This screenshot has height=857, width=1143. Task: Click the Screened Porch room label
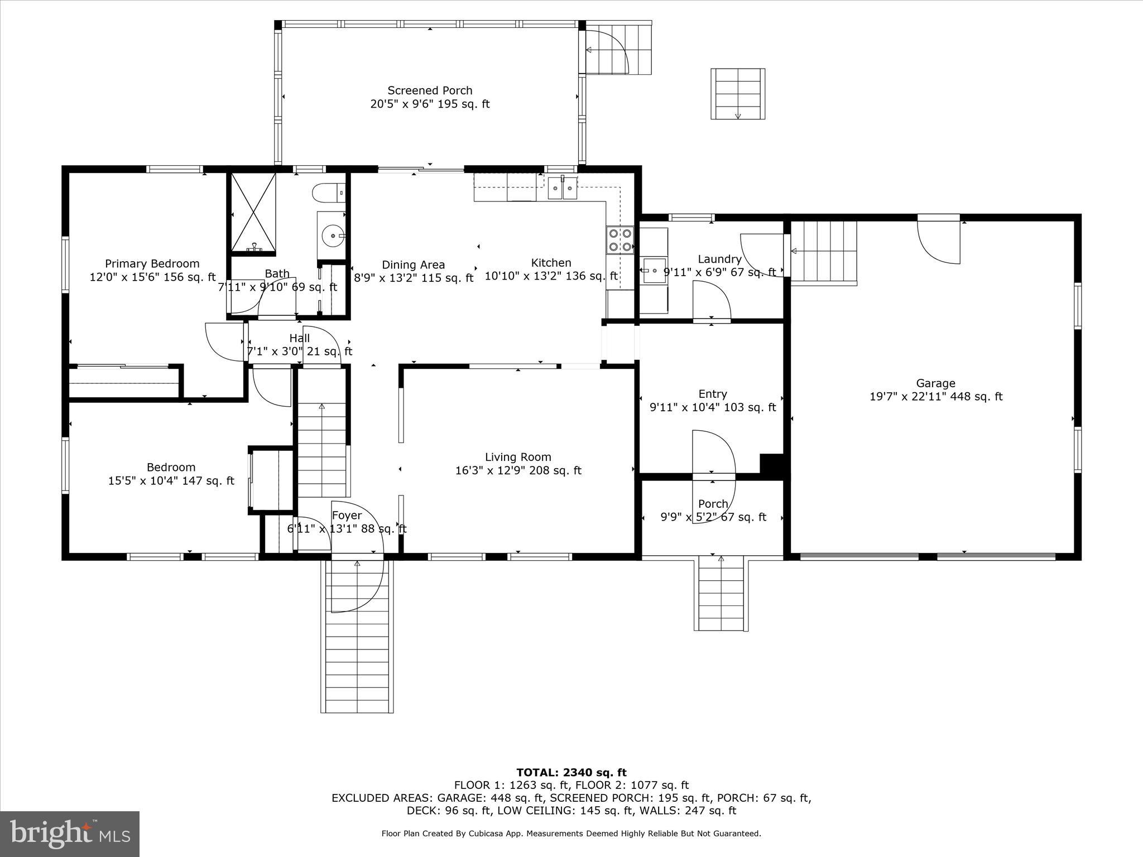430,90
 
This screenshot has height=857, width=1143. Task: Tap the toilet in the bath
329,193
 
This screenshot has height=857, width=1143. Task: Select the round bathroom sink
333,236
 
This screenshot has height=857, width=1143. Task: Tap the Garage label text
935,383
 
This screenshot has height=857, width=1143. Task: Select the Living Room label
518,457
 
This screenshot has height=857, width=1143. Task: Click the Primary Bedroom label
152,263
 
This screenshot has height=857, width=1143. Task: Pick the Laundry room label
719,259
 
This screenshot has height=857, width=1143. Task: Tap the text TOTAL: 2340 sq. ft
571,773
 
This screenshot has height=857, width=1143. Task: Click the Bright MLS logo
70,834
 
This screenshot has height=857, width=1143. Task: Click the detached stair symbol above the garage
737,94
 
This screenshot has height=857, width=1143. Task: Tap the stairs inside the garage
824,252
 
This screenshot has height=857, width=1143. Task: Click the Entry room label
713,394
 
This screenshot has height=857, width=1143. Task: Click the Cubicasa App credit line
571,834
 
